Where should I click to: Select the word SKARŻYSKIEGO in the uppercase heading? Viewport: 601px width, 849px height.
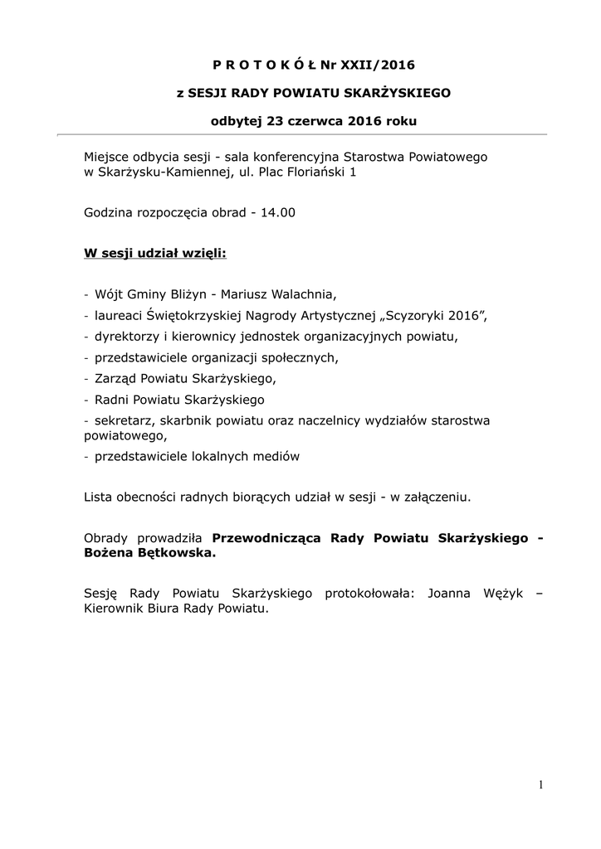click(x=402, y=93)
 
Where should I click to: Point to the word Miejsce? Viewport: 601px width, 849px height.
click(x=107, y=156)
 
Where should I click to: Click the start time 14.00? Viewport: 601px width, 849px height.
click(x=277, y=212)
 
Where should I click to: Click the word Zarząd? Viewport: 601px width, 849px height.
click(x=116, y=378)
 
